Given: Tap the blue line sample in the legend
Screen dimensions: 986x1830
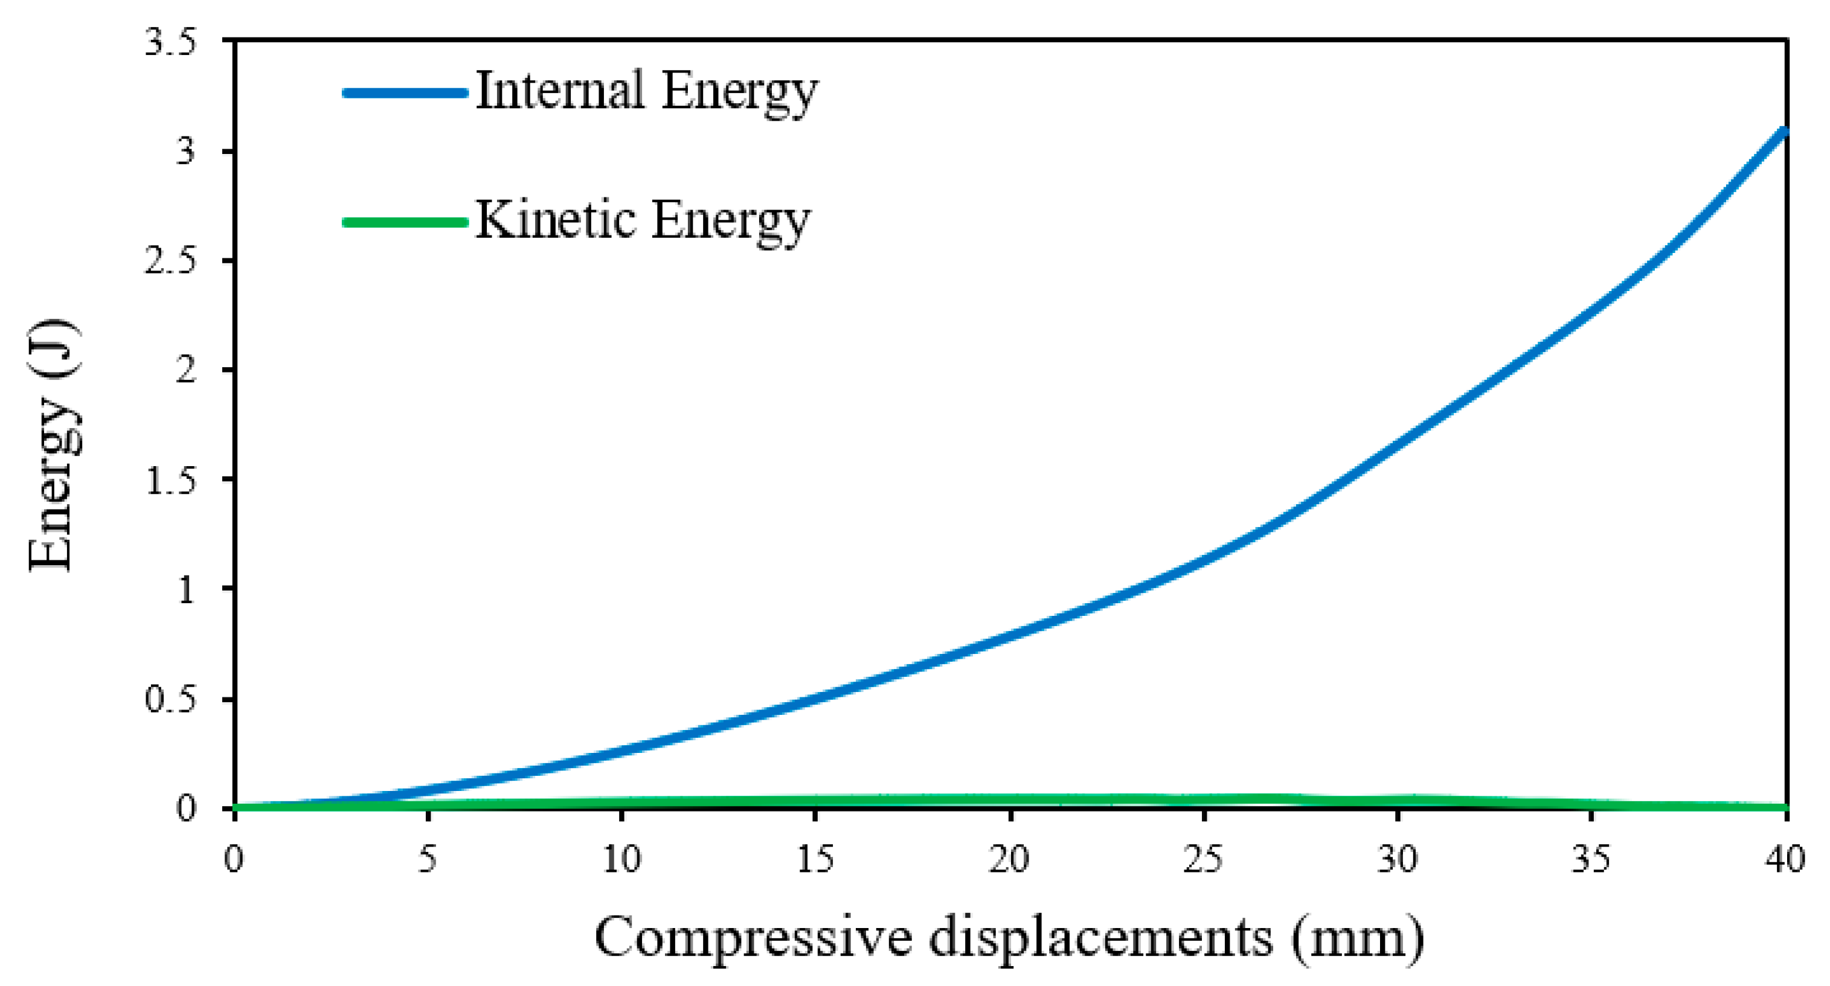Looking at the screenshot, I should (x=405, y=92).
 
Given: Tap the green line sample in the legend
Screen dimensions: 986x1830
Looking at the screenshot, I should (x=405, y=222).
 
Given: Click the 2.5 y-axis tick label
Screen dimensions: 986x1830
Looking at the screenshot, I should (x=170, y=261).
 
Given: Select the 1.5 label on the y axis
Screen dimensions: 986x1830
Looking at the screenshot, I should (x=170, y=480).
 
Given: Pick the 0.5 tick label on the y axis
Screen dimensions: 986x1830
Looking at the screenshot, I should (x=170, y=699).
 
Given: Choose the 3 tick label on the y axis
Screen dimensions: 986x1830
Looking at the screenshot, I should (x=186, y=152).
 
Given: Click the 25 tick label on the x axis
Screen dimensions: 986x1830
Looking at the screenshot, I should (x=1204, y=860).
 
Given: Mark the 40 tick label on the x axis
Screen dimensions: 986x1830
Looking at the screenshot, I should (x=1785, y=860).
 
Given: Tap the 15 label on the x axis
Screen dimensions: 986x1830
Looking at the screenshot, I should (x=815, y=860).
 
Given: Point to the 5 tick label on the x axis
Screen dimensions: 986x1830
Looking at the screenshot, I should (x=428, y=860).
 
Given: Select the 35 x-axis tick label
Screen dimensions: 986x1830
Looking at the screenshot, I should (x=1591, y=860).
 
